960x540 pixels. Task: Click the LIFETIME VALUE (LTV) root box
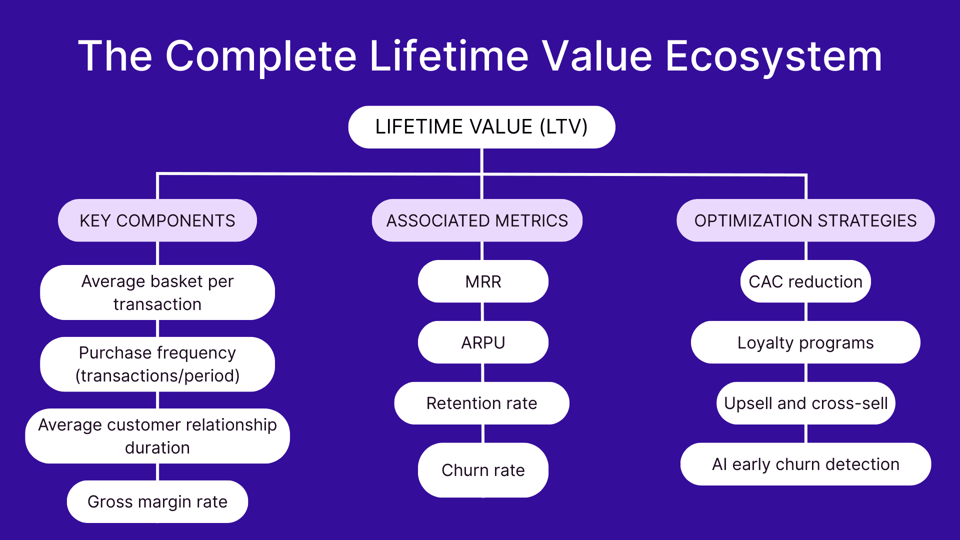pos(481,127)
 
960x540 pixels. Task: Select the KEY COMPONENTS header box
pos(157,220)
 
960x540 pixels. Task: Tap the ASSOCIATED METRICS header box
pos(477,220)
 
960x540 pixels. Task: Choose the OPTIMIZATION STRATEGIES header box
pos(805,220)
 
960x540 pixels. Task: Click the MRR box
pos(483,281)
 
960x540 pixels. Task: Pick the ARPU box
pos(483,342)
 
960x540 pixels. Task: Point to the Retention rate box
pos(481,403)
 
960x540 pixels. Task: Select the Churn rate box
pos(483,470)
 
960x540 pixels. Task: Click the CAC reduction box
pos(805,281)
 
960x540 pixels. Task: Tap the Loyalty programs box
pos(805,342)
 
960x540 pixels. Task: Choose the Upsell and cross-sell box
pos(805,403)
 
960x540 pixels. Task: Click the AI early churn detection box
pos(805,464)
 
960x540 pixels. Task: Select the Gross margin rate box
pos(157,501)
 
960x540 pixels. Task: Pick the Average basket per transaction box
pos(157,292)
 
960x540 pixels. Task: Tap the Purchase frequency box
pos(157,364)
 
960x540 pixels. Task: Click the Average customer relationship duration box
pos(157,436)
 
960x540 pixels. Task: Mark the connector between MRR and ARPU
pos(482,312)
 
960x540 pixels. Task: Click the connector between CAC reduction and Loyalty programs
pos(806,312)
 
